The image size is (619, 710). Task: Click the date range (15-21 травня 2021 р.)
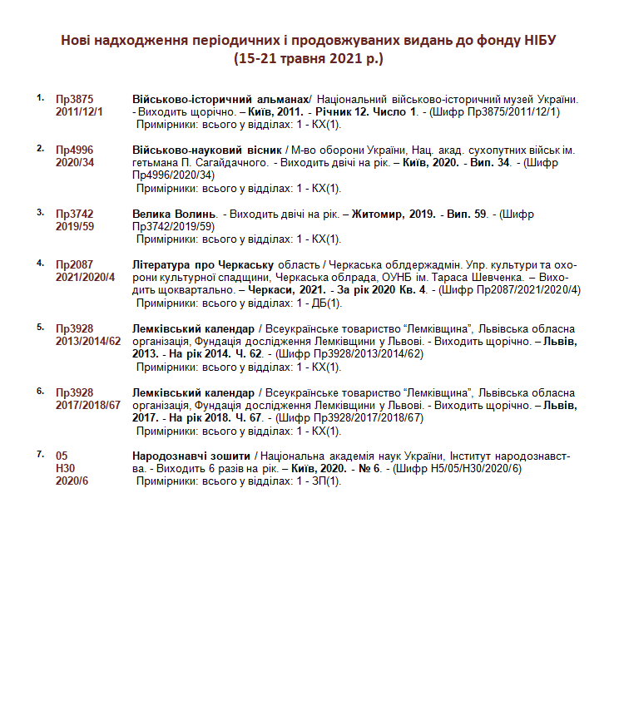tap(309, 59)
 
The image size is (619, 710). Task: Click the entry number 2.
tap(40, 148)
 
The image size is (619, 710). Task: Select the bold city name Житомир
tap(379, 214)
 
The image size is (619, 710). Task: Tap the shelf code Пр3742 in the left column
tap(74, 214)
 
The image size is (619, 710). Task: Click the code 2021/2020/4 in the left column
tap(85, 277)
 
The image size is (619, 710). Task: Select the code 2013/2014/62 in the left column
tap(88, 341)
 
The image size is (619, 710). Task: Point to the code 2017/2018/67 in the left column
tap(88, 405)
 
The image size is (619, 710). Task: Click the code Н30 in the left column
tap(65, 469)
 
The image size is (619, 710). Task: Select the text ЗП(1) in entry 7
tap(327, 481)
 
